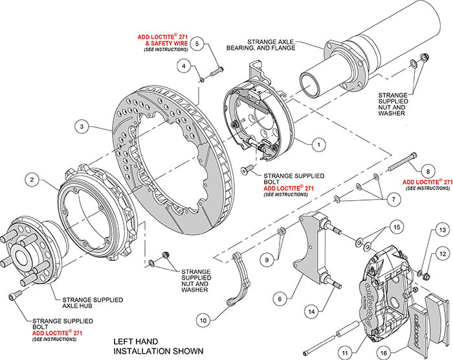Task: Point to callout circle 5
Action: pos(199,43)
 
